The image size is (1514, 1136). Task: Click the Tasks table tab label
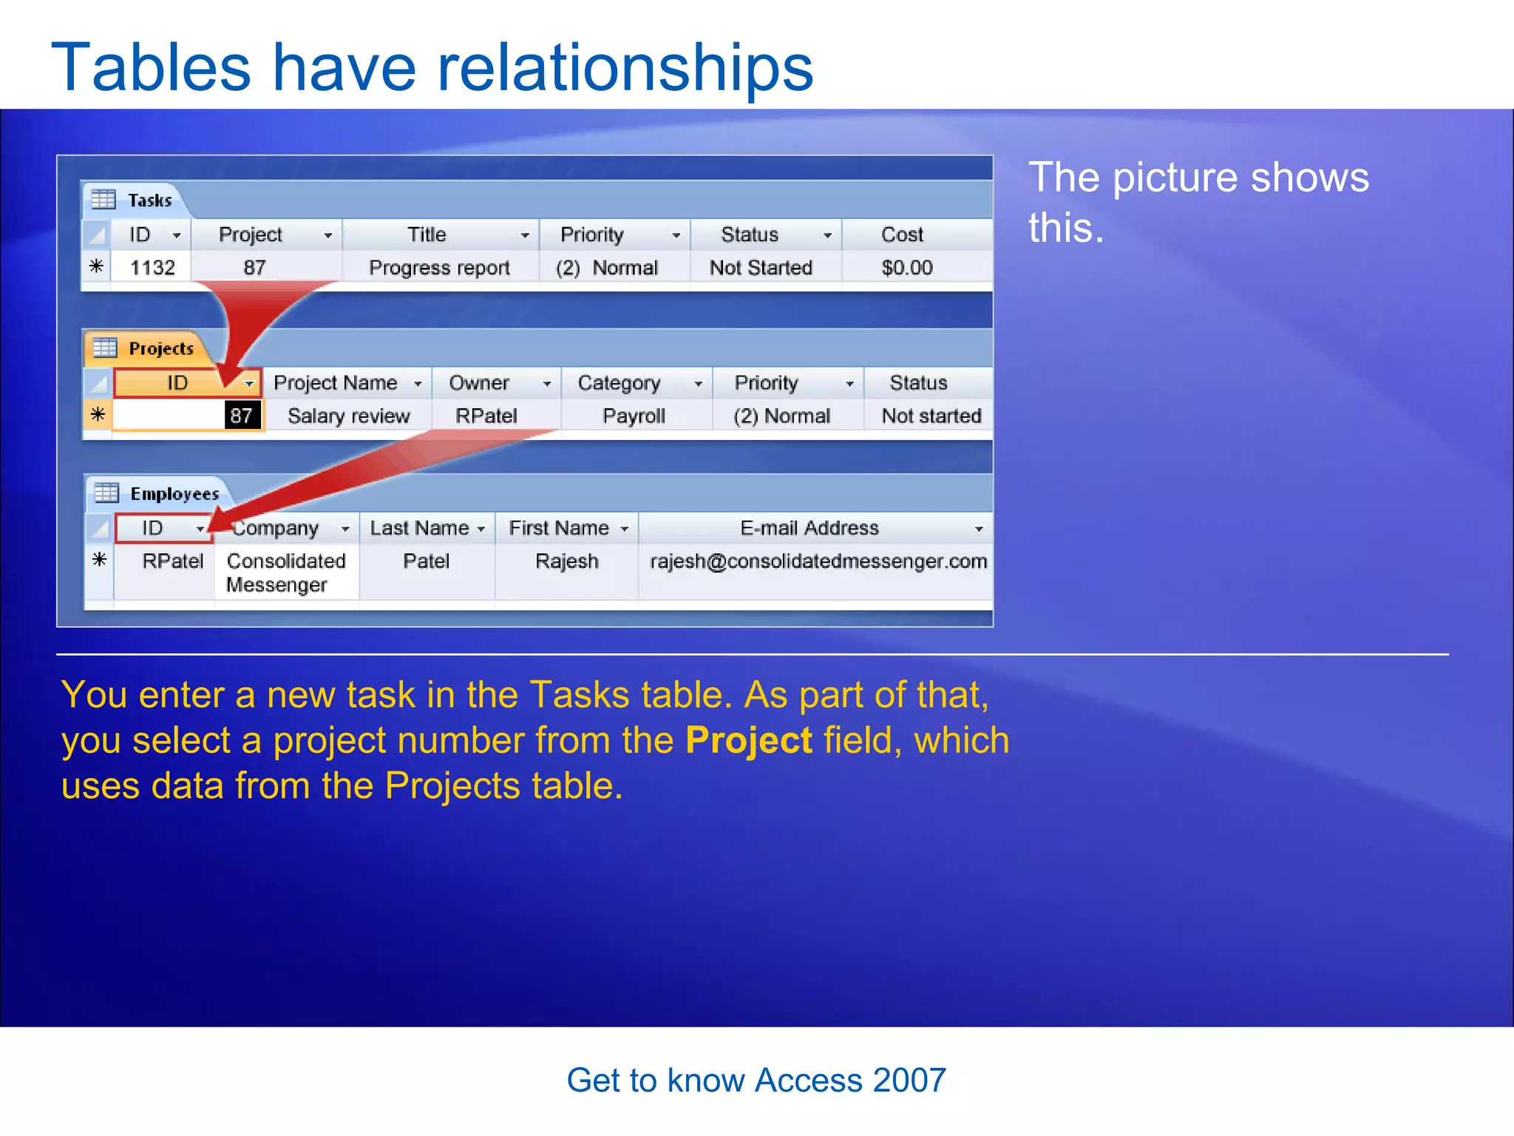click(149, 200)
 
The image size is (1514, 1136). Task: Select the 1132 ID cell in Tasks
click(152, 267)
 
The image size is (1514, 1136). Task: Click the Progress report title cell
click(439, 267)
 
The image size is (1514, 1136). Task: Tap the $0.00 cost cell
click(906, 267)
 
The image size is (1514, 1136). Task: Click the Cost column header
click(902, 234)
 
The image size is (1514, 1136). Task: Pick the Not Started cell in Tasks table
click(761, 267)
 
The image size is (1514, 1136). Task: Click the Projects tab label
click(160, 348)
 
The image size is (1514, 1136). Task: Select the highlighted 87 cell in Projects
click(241, 415)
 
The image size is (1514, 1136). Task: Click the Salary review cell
click(348, 416)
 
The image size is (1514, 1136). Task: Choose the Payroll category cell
click(634, 416)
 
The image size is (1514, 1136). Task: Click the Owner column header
click(479, 382)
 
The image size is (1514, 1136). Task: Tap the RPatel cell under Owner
click(486, 416)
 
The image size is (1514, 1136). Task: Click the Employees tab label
click(174, 493)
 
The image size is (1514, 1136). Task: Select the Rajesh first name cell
click(566, 561)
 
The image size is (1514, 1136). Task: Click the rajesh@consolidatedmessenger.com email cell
click(818, 561)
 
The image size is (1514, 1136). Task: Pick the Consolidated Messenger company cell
click(285, 572)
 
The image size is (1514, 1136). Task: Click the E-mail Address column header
click(809, 527)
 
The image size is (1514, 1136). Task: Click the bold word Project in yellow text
click(748, 740)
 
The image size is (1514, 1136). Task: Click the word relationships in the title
click(625, 68)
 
